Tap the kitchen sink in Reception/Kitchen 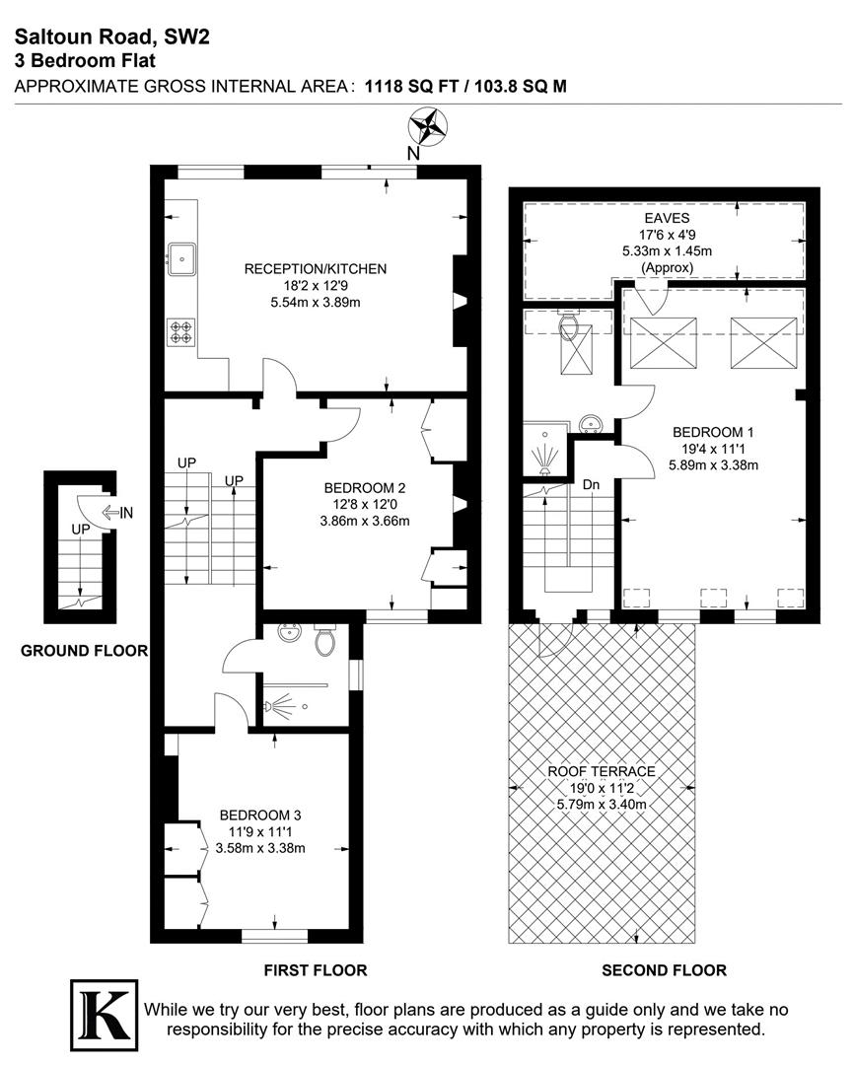(183, 259)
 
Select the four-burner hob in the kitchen (181, 330)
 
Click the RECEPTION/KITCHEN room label (316, 268)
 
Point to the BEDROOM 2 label (364, 487)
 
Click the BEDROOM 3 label (259, 815)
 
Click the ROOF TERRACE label (604, 771)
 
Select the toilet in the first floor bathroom (325, 641)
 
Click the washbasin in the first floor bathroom (289, 633)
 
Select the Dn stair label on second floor (591, 485)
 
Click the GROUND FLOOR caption (84, 650)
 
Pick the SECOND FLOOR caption (664, 970)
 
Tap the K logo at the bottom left (103, 1013)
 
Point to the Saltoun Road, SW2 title (111, 37)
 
